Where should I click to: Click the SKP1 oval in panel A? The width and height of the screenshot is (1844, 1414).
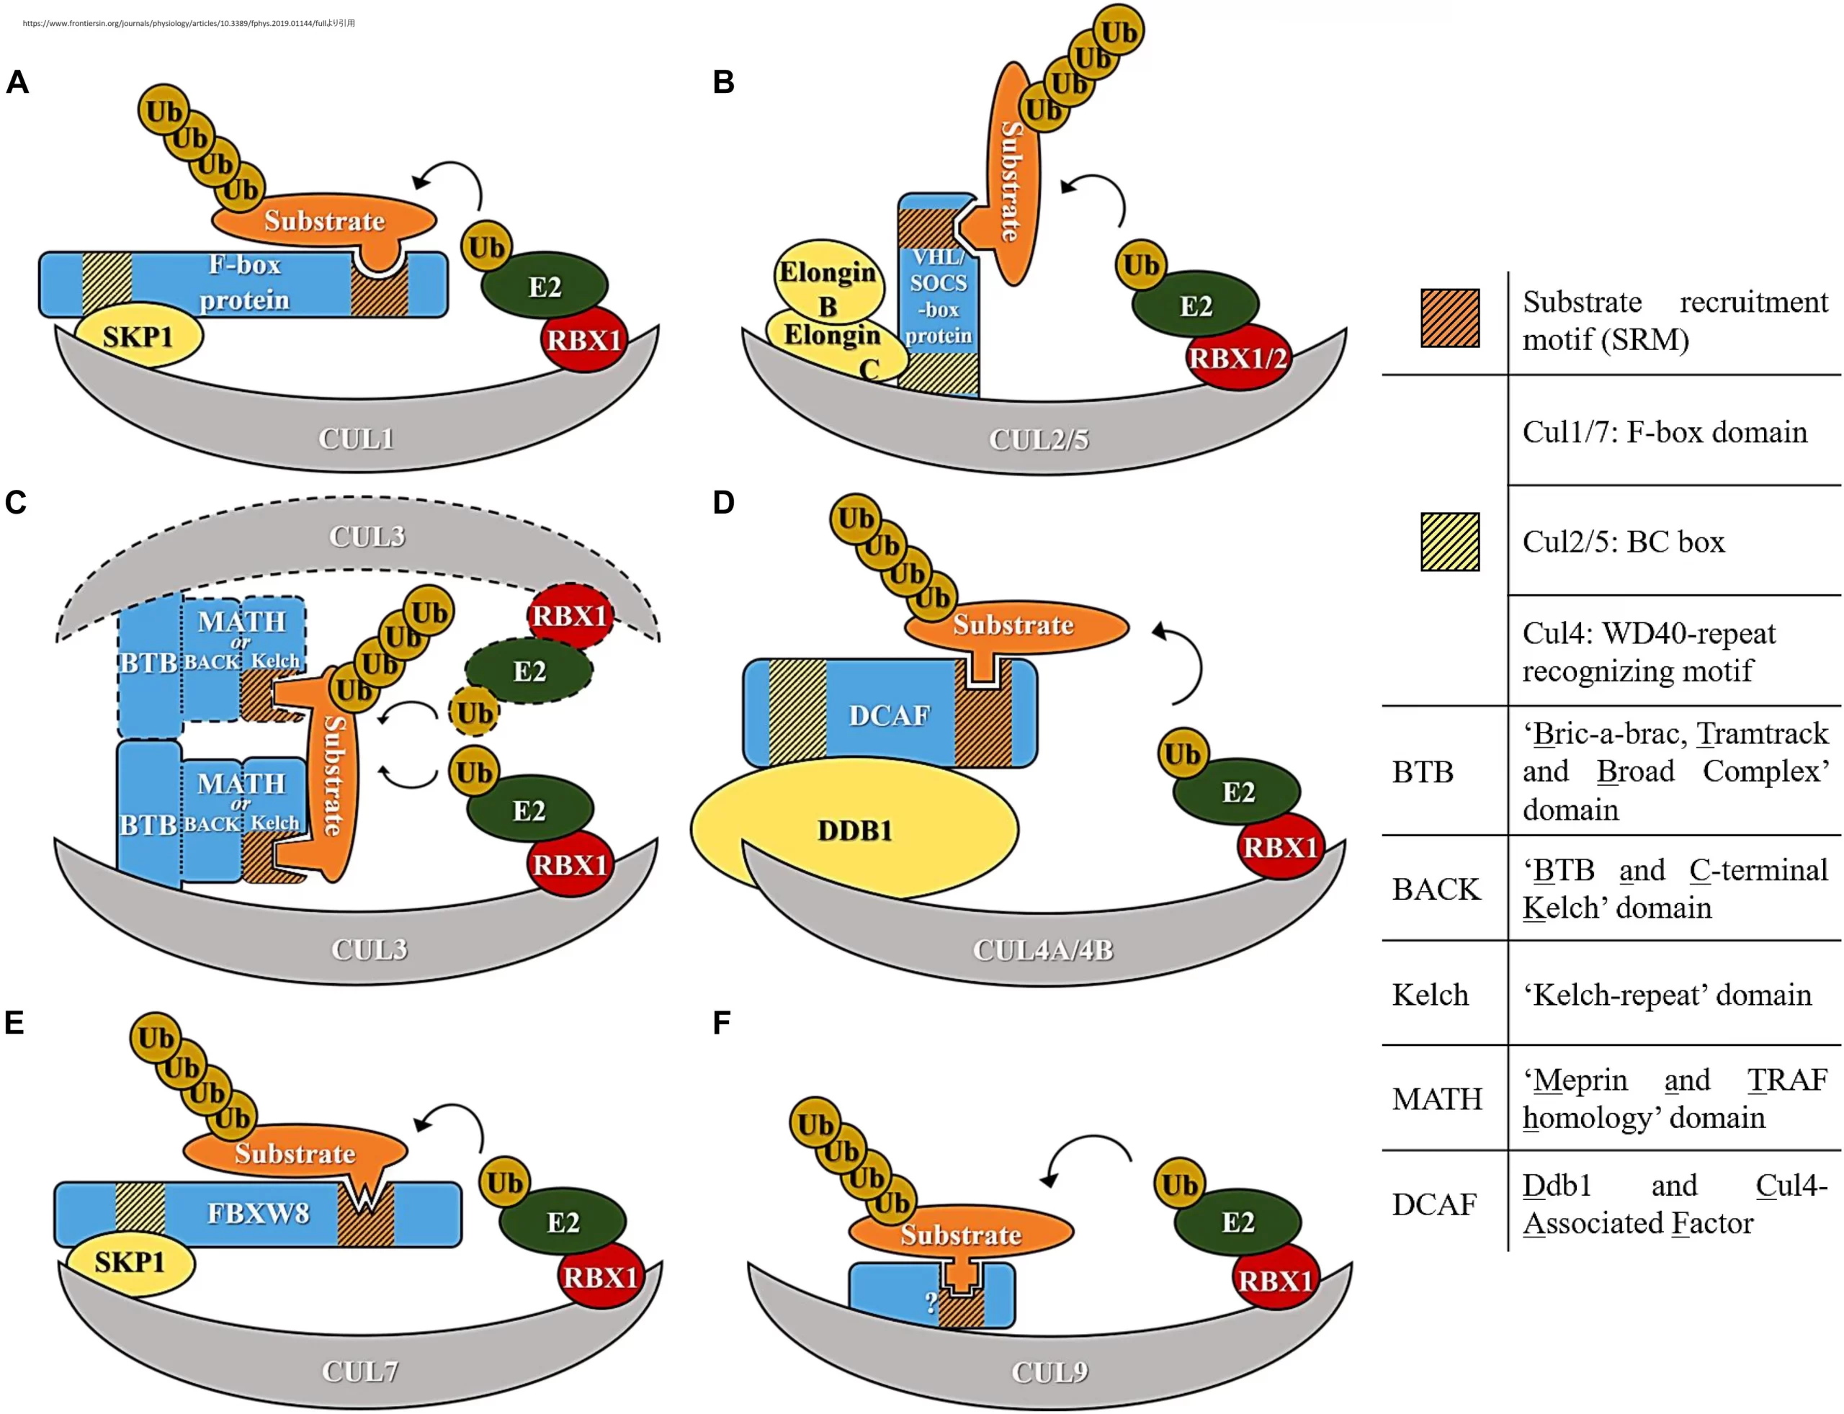(x=139, y=336)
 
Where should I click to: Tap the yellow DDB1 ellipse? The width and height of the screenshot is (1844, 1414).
(x=854, y=830)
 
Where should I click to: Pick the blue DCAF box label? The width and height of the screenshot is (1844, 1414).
(x=889, y=715)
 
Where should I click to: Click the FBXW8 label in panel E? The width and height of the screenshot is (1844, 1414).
(x=259, y=1213)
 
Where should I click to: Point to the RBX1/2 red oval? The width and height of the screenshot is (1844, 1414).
(x=1237, y=359)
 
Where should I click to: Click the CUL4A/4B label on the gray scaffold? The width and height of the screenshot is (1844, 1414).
(x=1043, y=950)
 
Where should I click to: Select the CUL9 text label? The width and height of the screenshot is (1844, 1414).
(x=1049, y=1372)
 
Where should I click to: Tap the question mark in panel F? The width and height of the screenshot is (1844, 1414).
(x=930, y=1303)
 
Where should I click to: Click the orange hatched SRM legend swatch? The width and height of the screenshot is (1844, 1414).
(x=1449, y=318)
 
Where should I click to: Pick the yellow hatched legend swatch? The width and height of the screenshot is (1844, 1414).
(x=1449, y=542)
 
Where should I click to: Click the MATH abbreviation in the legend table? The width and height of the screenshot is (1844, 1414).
(x=1436, y=1098)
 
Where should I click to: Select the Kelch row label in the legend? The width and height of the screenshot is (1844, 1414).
(x=1429, y=995)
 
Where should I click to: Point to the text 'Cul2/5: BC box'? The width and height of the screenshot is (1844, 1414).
(x=1623, y=542)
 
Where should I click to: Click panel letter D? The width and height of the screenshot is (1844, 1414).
(x=723, y=503)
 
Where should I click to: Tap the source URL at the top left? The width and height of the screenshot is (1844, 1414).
(x=189, y=24)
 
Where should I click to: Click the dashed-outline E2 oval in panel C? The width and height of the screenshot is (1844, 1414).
(x=529, y=671)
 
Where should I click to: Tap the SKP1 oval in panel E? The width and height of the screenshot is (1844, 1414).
(x=130, y=1262)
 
